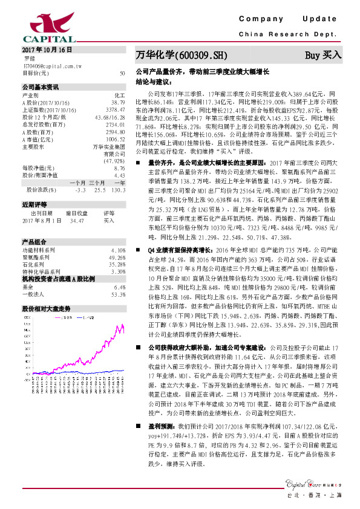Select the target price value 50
coord(122,73)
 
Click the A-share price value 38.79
coord(119,103)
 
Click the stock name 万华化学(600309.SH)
coord(181,55)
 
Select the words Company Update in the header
coord(290,18)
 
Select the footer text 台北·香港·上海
coord(309,495)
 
